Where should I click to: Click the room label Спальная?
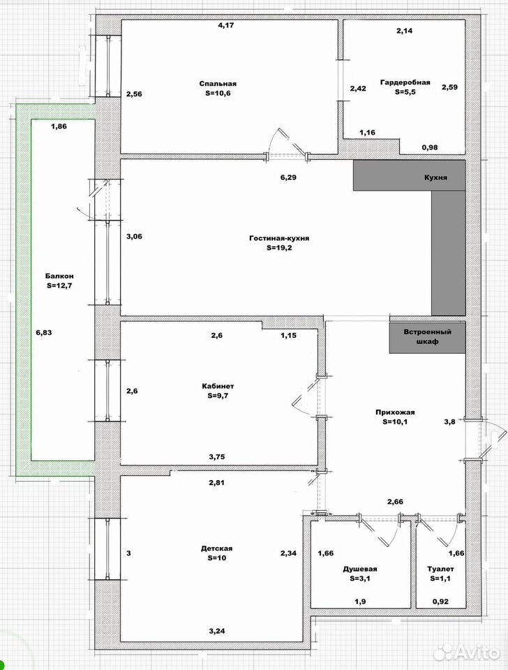(x=218, y=84)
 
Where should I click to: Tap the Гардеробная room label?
(x=405, y=82)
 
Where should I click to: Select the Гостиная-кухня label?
(x=279, y=238)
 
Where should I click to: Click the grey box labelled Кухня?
(x=409, y=175)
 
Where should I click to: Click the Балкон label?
(x=59, y=276)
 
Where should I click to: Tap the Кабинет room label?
(x=218, y=386)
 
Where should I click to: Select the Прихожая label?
(x=395, y=412)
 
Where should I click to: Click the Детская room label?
(x=216, y=549)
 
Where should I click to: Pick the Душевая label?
(x=360, y=569)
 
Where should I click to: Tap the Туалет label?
(x=440, y=569)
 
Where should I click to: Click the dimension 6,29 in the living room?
(x=288, y=177)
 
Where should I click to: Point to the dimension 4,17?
(x=226, y=25)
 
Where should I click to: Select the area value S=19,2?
(x=279, y=247)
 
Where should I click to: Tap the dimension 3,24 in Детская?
(x=217, y=631)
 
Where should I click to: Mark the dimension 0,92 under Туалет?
(x=440, y=602)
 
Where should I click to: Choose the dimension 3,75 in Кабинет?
(x=217, y=456)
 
